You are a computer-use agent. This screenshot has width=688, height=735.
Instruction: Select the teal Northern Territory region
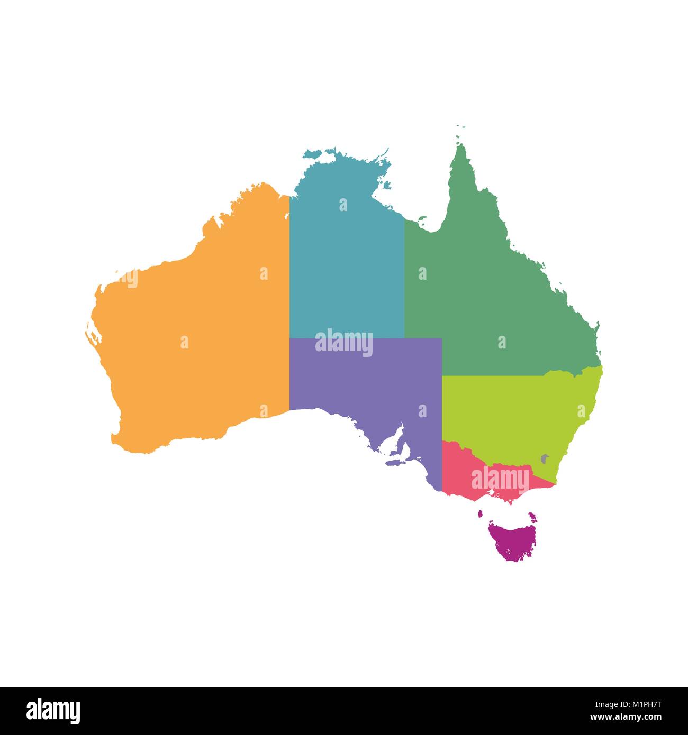347,264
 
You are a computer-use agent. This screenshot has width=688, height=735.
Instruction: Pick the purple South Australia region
370,391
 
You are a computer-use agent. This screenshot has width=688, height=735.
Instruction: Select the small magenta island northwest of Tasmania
482,513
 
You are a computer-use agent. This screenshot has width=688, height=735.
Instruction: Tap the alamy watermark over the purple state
344,342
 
